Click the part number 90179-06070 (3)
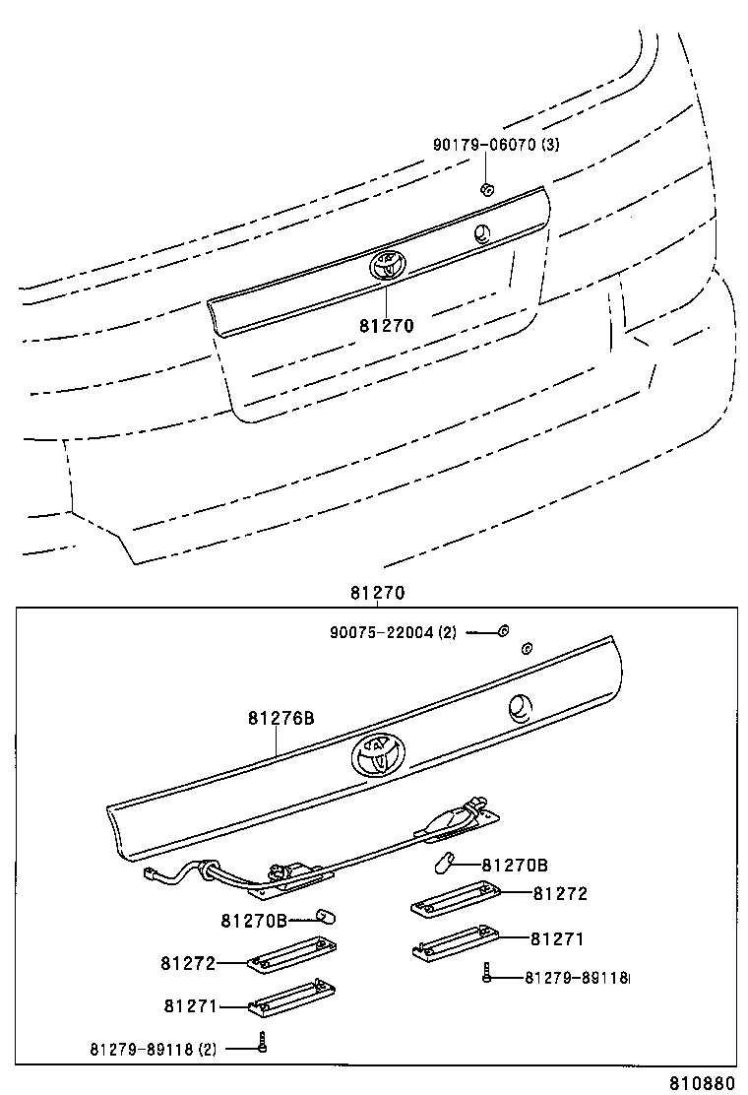[x=496, y=145]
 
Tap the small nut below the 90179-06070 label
[x=486, y=188]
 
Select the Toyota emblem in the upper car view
[x=387, y=264]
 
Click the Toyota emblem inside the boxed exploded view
[x=375, y=755]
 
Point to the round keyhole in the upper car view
[x=480, y=233]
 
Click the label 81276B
[x=280, y=719]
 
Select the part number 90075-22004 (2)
[x=393, y=632]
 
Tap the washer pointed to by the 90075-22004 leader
[x=503, y=631]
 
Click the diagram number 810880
[x=703, y=1083]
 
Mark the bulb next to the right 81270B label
[x=444, y=866]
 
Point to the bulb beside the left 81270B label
[x=328, y=918]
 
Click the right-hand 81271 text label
[x=558, y=939]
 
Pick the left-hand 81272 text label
[x=188, y=962]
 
